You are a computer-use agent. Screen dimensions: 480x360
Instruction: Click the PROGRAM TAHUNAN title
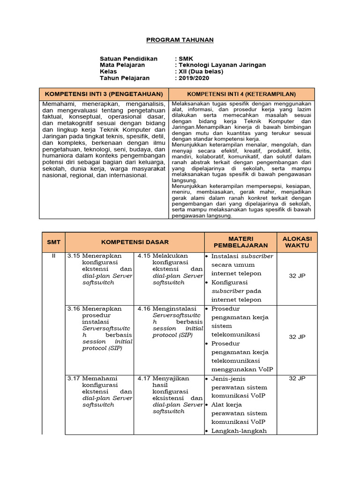[180, 40]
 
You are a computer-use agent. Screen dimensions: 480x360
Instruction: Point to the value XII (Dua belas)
[200, 72]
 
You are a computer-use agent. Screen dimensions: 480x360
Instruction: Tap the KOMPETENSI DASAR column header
[135, 242]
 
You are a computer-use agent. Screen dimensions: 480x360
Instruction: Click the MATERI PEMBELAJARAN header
[240, 242]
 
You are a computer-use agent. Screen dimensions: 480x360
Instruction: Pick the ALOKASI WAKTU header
[297, 242]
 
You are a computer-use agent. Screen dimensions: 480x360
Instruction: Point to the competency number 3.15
[74, 256]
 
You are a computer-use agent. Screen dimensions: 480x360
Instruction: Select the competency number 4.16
[144, 309]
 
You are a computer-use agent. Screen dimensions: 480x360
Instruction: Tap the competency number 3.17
[74, 378]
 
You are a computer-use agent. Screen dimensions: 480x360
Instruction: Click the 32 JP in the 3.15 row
[297, 276]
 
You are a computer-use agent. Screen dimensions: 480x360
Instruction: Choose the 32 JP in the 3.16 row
[297, 337]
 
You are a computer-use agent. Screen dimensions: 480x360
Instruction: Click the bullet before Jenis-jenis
[207, 379]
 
